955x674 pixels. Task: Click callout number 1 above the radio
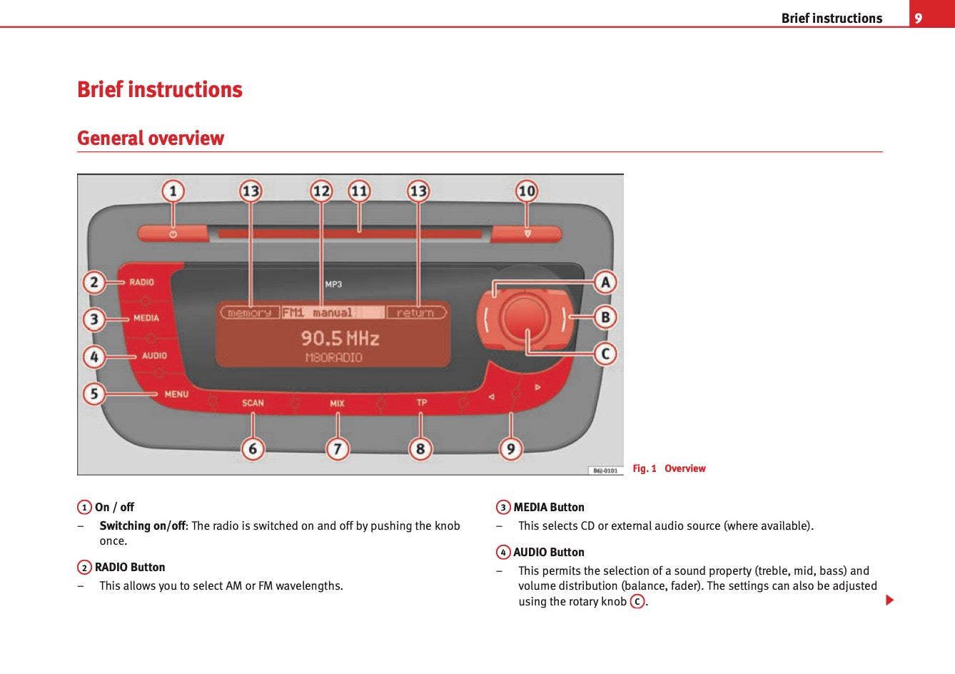point(173,191)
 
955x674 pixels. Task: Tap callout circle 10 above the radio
point(527,191)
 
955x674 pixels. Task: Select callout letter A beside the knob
point(605,282)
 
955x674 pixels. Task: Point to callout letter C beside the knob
point(605,353)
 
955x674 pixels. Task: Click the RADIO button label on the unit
point(141,282)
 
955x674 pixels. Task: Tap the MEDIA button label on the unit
point(146,318)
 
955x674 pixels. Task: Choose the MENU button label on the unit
point(176,394)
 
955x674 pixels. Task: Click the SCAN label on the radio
point(253,403)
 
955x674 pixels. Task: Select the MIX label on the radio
point(337,403)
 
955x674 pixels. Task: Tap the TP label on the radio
point(422,403)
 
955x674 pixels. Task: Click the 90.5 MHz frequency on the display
point(340,338)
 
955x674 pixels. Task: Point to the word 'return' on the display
point(415,313)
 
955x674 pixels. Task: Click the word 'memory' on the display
point(249,313)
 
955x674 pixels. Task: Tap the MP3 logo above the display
point(333,284)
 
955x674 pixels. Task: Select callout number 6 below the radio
point(253,449)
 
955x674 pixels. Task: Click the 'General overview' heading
point(151,138)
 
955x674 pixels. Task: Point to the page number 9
point(919,19)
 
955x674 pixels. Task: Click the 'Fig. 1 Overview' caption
point(669,468)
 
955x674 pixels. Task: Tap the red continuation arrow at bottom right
point(889,600)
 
